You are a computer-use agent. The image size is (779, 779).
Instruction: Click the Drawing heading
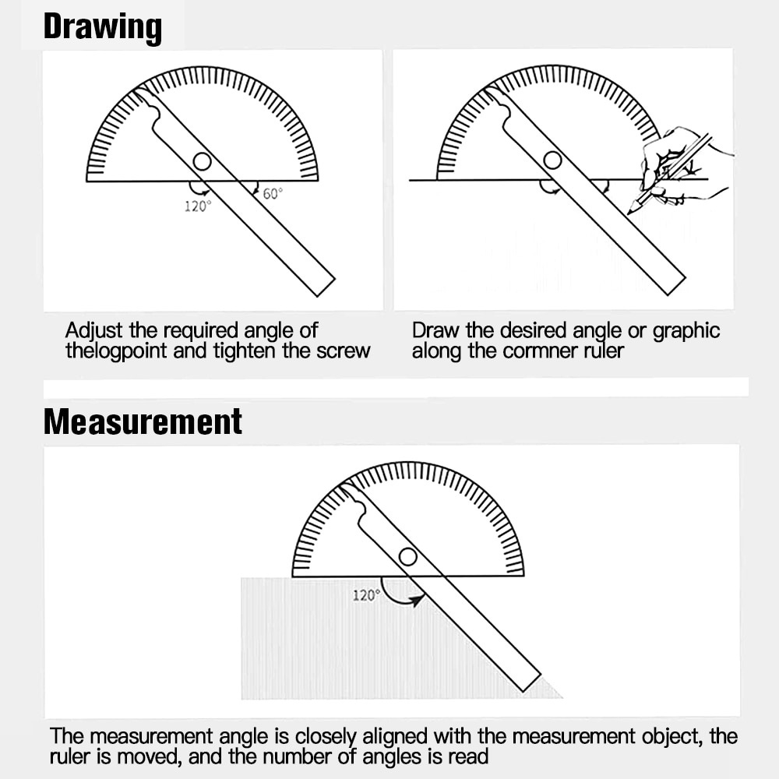pyautogui.click(x=103, y=26)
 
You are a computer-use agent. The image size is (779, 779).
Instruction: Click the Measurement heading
pyautogui.click(x=143, y=421)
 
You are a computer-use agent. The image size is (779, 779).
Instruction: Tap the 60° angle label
pyautogui.click(x=272, y=194)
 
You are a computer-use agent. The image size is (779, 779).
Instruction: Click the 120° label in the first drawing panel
pyautogui.click(x=197, y=206)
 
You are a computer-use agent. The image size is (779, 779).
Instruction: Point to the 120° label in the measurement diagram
pyautogui.click(x=365, y=595)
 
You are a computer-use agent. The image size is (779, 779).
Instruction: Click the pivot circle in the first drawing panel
pyautogui.click(x=202, y=161)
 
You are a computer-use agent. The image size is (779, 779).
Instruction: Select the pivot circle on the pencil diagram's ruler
pyautogui.click(x=552, y=160)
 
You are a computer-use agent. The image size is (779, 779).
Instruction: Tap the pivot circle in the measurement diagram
pyautogui.click(x=407, y=556)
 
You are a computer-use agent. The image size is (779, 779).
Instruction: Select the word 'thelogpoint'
pyautogui.click(x=116, y=351)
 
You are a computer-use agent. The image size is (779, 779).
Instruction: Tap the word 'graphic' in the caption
pyautogui.click(x=686, y=331)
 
